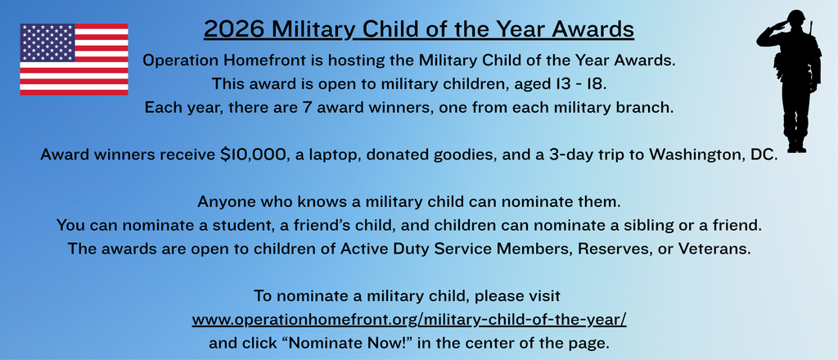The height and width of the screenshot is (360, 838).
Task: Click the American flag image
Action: click(74, 60)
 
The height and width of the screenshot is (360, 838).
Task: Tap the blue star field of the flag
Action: click(47, 43)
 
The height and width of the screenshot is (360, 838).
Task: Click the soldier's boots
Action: click(795, 145)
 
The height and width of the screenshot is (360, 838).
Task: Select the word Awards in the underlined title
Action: click(595, 29)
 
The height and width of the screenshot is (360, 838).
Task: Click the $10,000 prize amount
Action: click(254, 155)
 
